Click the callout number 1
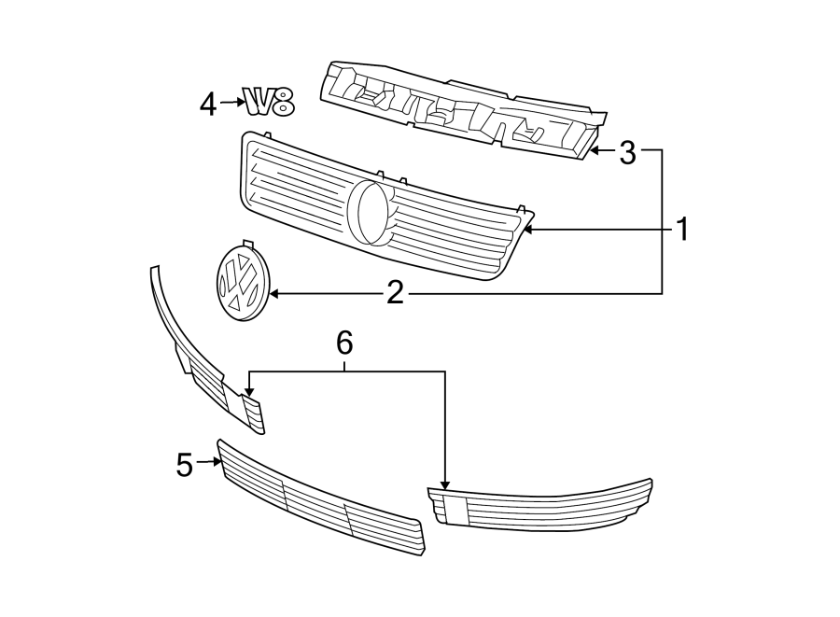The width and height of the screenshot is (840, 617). (x=682, y=229)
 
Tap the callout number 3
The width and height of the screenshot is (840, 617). (x=627, y=152)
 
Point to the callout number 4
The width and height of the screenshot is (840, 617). (x=208, y=104)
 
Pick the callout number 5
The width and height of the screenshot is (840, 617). (x=184, y=464)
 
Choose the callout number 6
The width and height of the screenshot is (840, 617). (x=344, y=344)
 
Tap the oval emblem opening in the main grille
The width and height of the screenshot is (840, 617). (x=371, y=211)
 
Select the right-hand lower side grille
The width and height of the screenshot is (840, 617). (x=541, y=507)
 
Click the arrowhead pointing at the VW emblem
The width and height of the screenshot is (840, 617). (x=274, y=294)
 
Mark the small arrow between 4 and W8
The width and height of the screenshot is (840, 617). (x=232, y=104)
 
